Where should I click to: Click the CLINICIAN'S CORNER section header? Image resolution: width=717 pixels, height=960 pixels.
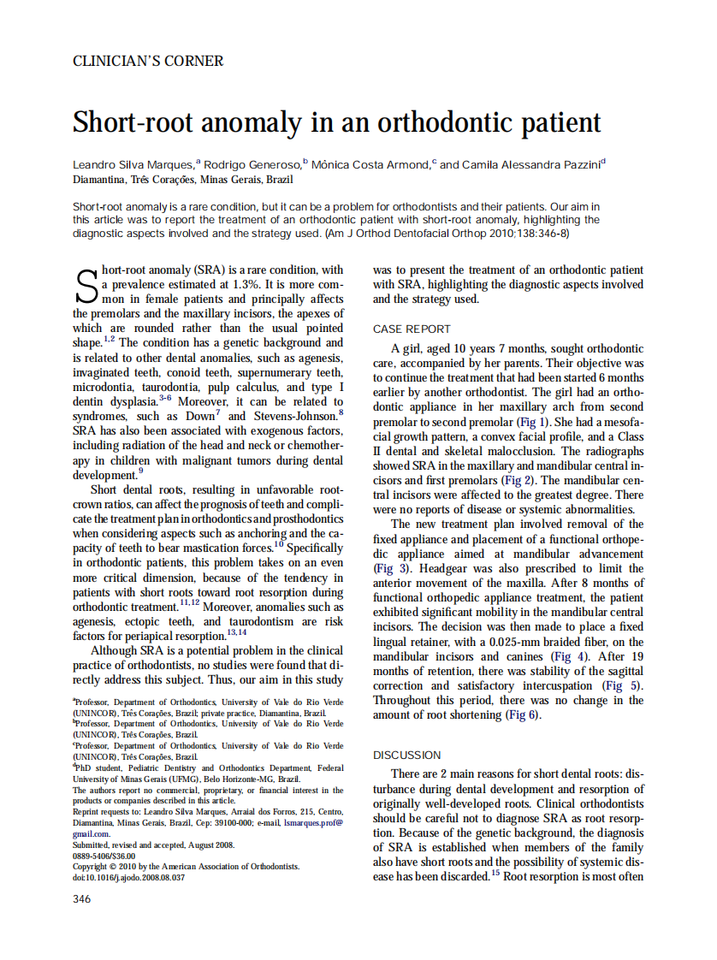(148, 62)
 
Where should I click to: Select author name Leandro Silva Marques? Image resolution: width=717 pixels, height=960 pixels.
(133, 165)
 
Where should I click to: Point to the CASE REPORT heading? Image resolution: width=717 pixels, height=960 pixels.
(411, 329)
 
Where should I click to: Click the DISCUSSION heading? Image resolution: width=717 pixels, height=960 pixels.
(406, 756)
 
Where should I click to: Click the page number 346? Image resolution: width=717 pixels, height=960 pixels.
(81, 898)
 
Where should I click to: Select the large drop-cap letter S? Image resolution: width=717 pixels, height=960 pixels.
(86, 286)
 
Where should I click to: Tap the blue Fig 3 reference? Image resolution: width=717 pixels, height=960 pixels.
(386, 568)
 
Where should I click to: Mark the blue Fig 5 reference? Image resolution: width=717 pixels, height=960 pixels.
(620, 685)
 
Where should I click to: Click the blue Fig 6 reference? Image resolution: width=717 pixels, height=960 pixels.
(522, 714)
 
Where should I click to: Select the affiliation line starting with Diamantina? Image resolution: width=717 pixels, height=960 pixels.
(182, 180)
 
